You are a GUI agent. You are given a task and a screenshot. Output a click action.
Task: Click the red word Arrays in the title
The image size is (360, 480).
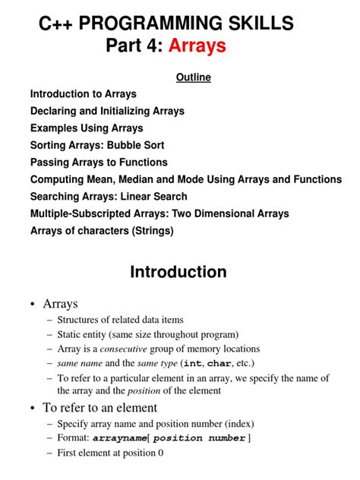[197, 46]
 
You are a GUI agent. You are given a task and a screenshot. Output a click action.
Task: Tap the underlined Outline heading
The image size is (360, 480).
[193, 77]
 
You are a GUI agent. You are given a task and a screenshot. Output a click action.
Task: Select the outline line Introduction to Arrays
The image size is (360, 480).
[84, 94]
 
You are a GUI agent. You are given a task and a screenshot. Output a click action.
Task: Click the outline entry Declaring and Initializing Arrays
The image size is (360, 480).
[107, 111]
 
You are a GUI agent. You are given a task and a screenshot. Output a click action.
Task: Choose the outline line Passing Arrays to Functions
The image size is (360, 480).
[99, 163]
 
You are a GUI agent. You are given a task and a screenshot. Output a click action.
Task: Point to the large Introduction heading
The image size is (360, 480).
[178, 272]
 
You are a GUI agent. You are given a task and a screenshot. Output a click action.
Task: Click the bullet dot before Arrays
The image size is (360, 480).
[33, 305]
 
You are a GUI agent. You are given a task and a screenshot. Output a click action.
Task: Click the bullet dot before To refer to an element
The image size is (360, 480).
[33, 408]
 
